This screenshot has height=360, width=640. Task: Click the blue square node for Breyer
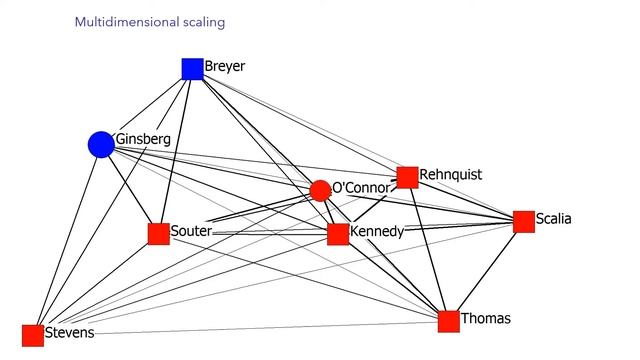192,68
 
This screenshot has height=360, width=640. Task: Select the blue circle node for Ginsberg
101,145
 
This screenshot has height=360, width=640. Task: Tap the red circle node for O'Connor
320,190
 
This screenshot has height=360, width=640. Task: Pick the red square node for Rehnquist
407,177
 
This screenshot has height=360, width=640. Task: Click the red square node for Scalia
523,222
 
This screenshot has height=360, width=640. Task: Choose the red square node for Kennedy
338,234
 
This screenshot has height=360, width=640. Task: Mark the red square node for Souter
158,234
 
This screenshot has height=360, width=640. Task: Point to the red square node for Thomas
448,321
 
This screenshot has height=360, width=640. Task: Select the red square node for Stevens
33,335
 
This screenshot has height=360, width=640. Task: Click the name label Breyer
225,67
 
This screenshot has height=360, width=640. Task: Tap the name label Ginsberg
143,138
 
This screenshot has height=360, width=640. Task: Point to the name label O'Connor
361,188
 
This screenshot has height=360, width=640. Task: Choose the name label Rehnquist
450,174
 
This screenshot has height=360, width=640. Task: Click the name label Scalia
554,219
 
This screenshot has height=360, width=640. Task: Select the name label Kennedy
377,232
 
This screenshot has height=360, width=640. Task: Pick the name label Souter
190,232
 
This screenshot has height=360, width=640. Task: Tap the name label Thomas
486,319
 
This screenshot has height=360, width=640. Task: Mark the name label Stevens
69,333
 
